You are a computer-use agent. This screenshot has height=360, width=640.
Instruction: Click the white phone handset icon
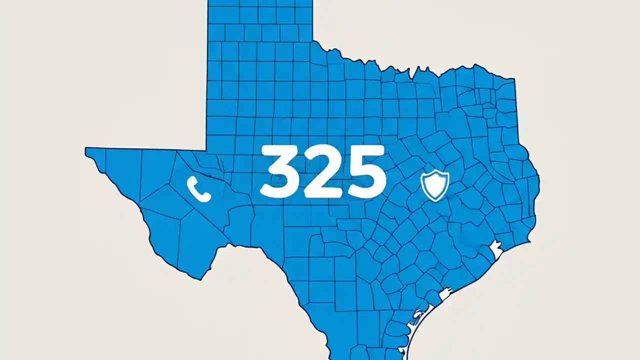(198, 189)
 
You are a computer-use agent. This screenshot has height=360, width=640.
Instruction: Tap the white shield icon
(435, 185)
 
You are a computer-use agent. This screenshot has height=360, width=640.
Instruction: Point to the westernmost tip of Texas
(86, 148)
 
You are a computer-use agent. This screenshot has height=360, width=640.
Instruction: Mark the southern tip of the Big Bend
(201, 279)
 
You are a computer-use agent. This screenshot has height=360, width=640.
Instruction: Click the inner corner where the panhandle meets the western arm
(206, 149)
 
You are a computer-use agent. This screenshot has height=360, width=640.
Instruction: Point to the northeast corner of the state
(514, 78)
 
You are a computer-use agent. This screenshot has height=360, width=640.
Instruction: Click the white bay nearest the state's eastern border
(496, 248)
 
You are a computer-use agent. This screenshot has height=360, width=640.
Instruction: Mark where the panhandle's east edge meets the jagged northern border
(313, 41)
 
